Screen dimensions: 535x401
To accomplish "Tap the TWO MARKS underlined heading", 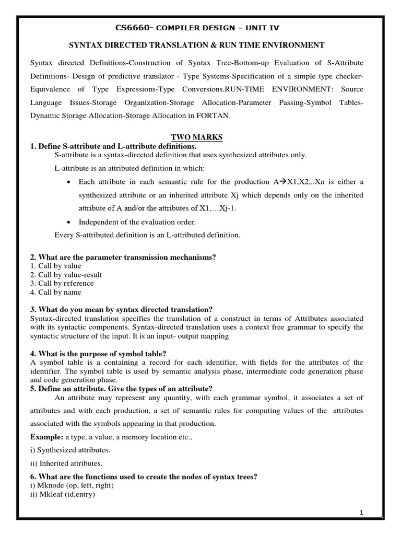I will (x=200, y=137).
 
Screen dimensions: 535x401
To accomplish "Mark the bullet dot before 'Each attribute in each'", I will (x=69, y=182).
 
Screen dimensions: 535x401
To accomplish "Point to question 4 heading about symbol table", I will (x=99, y=354).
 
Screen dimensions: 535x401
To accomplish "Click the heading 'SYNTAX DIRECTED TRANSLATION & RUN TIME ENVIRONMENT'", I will (x=200, y=46).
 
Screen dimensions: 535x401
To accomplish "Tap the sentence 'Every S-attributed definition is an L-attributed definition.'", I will (x=147, y=235).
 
